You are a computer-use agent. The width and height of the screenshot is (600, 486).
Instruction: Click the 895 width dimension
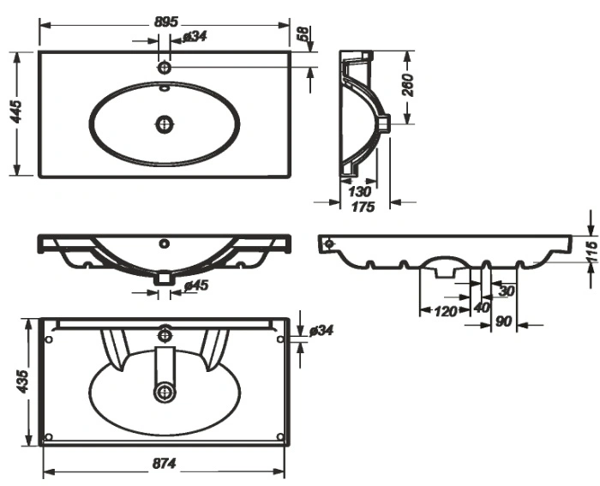coord(166,21)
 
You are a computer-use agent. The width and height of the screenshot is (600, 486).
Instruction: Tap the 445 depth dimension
coord(17,111)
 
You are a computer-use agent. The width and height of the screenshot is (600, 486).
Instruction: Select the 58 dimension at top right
coord(303,33)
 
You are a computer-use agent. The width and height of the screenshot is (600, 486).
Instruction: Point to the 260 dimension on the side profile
coord(409,85)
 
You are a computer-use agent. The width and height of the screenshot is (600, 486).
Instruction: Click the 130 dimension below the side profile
coord(359,191)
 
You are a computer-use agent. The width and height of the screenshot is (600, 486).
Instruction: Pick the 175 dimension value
coord(363,207)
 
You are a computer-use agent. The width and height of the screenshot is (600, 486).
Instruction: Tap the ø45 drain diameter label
coord(196,285)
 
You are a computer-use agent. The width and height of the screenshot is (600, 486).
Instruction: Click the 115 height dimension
coord(592,252)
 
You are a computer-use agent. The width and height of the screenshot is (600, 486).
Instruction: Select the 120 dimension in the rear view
coord(445,311)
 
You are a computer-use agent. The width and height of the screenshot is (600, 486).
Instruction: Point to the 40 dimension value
coord(482,307)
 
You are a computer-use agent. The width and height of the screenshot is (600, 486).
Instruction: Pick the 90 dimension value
coord(504,321)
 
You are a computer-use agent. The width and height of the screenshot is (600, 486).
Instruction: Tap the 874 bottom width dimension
coord(165,464)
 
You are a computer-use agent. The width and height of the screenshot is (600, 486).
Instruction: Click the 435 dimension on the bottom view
coord(22,381)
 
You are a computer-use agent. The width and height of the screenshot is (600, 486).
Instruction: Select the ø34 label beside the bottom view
coord(321,330)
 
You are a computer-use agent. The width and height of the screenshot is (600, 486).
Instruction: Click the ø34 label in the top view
coord(195,37)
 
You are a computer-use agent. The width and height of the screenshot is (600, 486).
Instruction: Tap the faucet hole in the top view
coord(165,68)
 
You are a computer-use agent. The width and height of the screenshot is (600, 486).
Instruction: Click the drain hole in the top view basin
coord(165,124)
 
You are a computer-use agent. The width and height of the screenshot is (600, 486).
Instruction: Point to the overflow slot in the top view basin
coord(165,88)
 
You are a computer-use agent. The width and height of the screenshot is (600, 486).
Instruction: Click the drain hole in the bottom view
coord(165,393)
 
